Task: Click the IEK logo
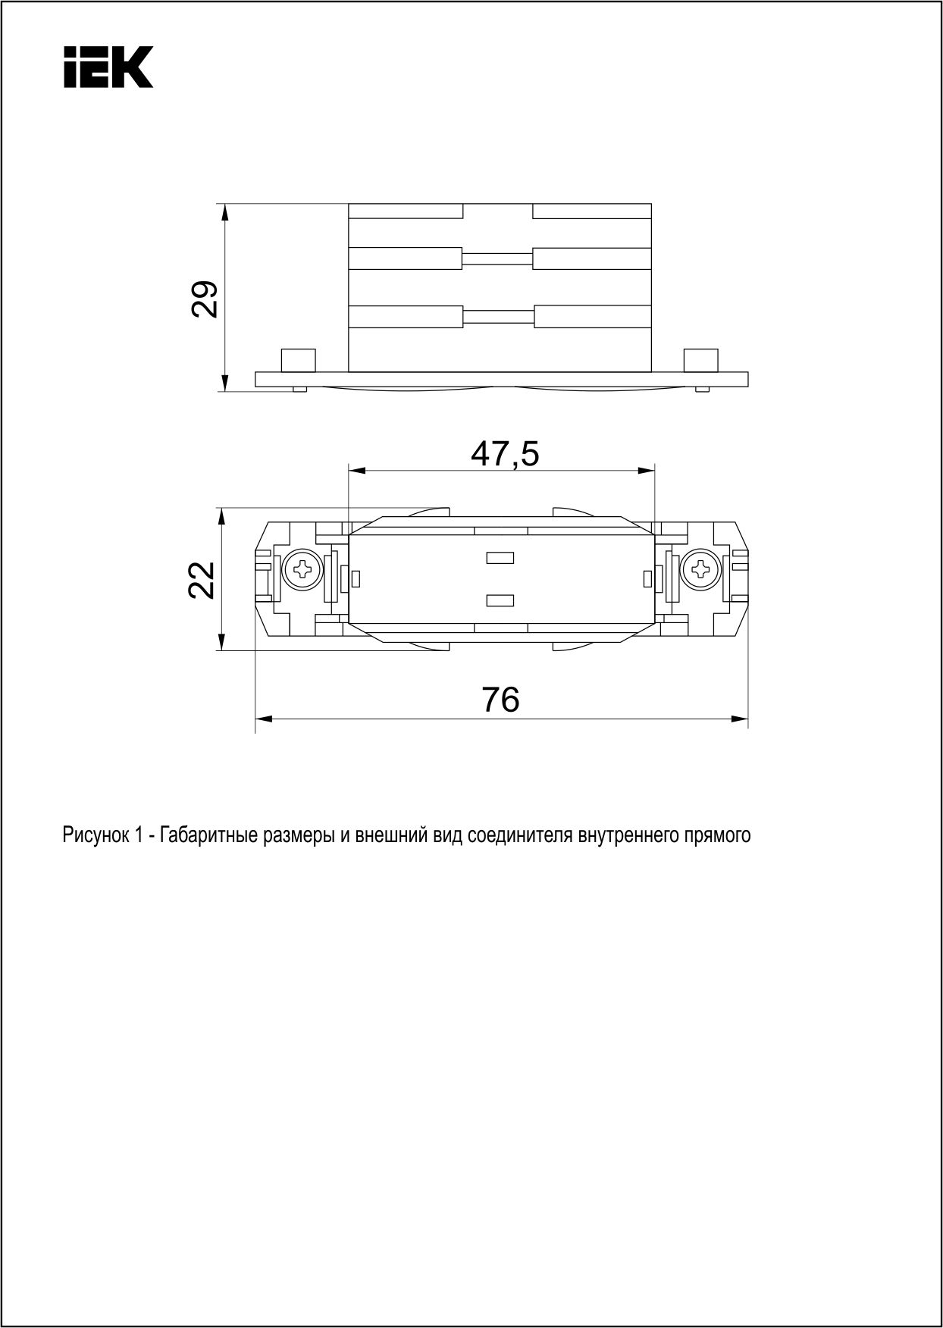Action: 108,67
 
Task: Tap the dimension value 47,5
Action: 505,453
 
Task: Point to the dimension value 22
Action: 202,580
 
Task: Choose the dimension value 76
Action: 501,699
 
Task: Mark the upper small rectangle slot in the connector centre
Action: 500,559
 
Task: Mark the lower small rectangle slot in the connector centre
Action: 500,601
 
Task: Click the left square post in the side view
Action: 299,360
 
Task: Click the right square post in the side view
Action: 700,360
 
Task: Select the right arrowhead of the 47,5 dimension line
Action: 647,471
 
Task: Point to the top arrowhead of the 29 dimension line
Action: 224,212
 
